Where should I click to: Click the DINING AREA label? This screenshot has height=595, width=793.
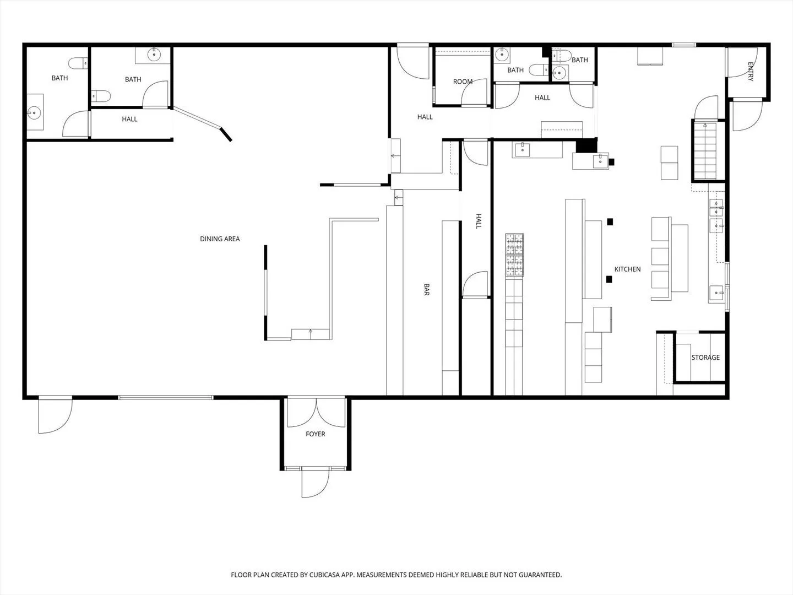coord(220,239)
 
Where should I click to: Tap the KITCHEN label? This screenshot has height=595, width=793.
coord(628,269)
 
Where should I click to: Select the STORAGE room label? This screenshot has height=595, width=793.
coord(705,358)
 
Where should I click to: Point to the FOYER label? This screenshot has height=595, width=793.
coord(316,434)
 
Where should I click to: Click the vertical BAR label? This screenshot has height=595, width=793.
coord(427,289)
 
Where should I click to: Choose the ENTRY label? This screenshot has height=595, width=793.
coord(751,72)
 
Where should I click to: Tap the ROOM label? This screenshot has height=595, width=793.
coord(463,82)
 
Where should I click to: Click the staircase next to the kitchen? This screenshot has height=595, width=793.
coord(705,150)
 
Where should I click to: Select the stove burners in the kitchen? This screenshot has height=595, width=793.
coord(514,255)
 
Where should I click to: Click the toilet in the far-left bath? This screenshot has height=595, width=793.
coord(78,63)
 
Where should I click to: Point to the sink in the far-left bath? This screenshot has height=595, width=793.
coord(35,112)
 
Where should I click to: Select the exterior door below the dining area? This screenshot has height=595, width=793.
coord(55,415)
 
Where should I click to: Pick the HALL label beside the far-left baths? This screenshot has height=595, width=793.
coord(129,119)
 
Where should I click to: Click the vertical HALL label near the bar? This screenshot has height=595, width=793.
coord(479,221)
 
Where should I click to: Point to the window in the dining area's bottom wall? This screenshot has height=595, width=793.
coord(166,398)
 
